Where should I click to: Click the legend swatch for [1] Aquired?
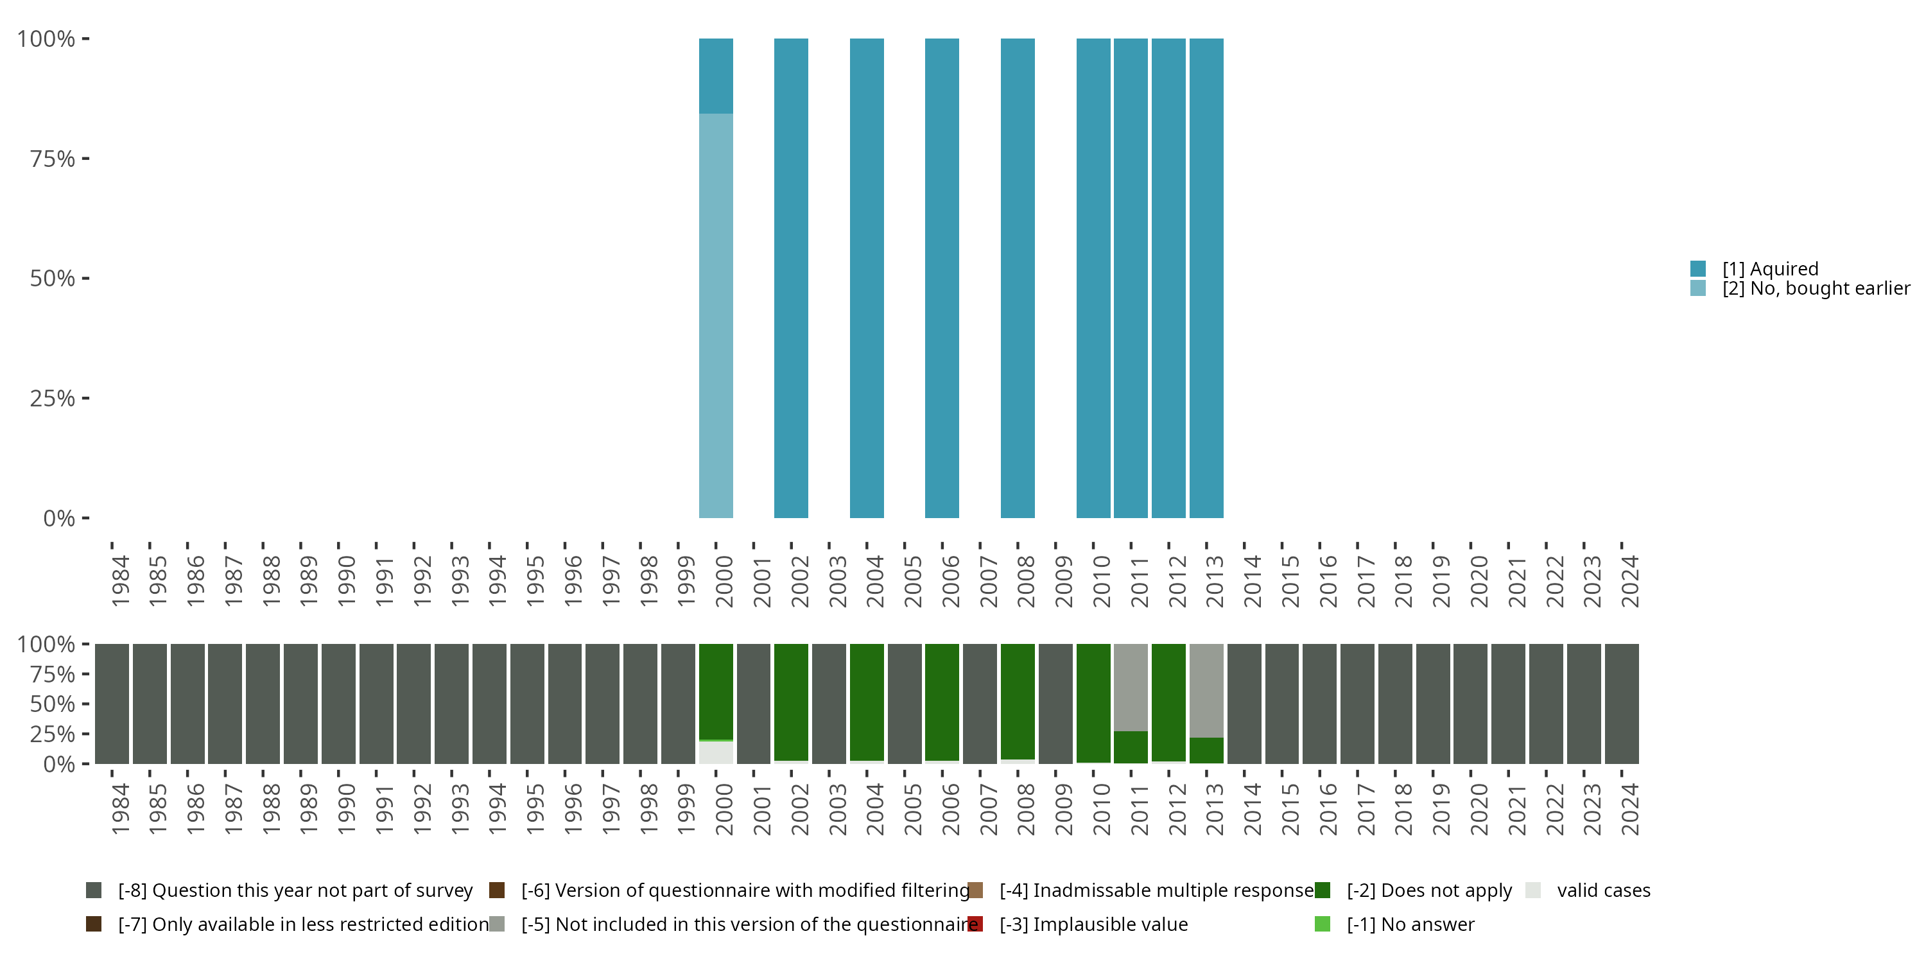1698,268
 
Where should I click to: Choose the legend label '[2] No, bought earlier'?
1816,289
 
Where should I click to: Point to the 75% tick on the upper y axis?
85,159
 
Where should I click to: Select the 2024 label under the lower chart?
1630,810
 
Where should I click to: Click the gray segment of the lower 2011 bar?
1131,687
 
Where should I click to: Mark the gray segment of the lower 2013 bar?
1206,690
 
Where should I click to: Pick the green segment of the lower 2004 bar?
867,701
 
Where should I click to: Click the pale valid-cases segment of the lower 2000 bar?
716,753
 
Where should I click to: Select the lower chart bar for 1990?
339,704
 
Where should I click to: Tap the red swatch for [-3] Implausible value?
975,924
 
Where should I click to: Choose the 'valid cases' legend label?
1603,890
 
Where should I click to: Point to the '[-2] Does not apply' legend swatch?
1322,890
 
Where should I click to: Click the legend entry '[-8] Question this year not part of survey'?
295,890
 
